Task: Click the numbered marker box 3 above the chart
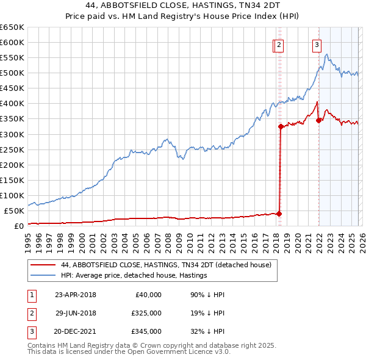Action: [317, 44]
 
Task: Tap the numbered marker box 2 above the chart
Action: [279, 44]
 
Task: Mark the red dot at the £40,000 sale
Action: [279, 214]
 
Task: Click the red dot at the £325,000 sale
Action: [281, 127]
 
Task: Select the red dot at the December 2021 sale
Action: [318, 120]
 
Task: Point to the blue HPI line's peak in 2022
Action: [328, 55]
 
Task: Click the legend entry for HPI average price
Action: [134, 275]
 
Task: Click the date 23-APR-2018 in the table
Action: [76, 295]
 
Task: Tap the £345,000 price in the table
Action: [146, 331]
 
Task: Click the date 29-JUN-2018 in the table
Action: [76, 313]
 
